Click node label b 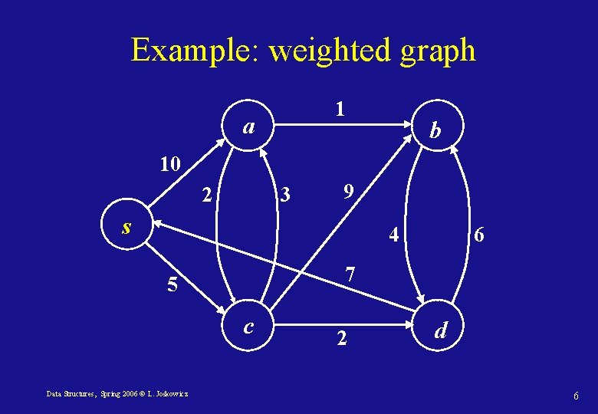click(x=435, y=131)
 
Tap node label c click(x=248, y=327)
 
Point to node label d click(x=441, y=330)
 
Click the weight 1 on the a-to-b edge click(x=340, y=110)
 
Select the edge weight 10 click(x=169, y=163)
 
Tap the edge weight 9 click(x=347, y=191)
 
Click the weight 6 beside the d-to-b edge click(x=478, y=236)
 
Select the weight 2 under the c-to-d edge click(x=342, y=337)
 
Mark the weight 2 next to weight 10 click(x=206, y=195)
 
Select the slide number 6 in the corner click(x=575, y=394)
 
